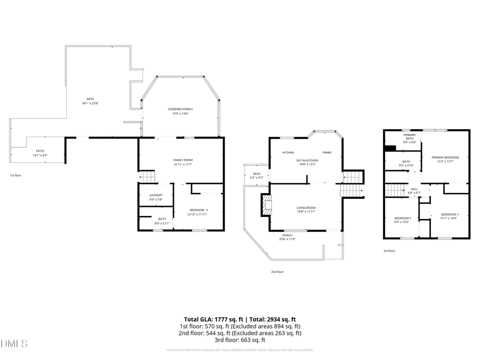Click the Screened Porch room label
tap(180, 111)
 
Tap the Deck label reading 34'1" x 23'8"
tap(90, 101)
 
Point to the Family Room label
tap(182, 162)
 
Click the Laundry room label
tap(156, 197)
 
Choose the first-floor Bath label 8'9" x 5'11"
tap(162, 221)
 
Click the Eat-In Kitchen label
tap(307, 162)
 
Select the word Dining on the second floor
tap(326, 153)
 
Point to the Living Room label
tap(306, 210)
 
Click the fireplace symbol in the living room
tap(265, 204)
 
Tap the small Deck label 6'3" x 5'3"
tap(256, 175)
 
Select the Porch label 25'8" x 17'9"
tap(287, 237)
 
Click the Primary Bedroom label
tap(445, 159)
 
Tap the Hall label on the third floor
tap(414, 190)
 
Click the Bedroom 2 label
tap(402, 220)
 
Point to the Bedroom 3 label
tap(449, 216)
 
